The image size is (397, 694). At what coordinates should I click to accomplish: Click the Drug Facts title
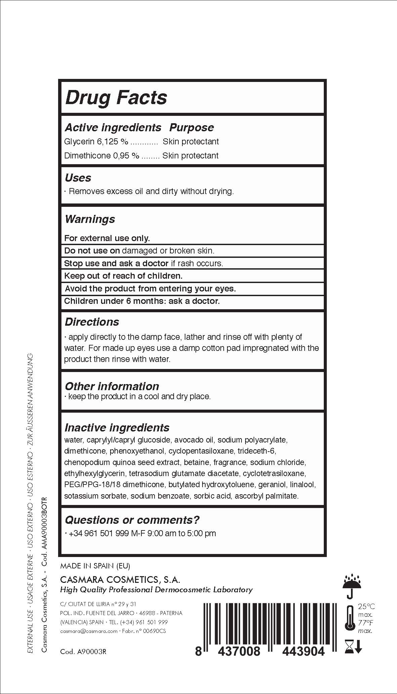[116, 98]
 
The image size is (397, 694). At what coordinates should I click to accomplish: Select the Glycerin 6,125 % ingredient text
[96, 142]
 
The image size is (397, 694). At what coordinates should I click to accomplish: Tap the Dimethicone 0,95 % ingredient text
[101, 156]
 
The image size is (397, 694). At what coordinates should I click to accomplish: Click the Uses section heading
[78, 178]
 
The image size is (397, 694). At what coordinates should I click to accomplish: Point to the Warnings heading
[90, 219]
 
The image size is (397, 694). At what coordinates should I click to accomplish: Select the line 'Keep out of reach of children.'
[123, 276]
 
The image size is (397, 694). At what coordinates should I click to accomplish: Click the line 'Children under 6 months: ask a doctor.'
[142, 301]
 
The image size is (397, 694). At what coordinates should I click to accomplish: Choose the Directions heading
[92, 322]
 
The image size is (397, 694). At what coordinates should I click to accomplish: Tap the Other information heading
[112, 386]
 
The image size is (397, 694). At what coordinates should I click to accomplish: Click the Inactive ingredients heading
[117, 428]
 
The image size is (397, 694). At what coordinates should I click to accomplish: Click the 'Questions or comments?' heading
[132, 520]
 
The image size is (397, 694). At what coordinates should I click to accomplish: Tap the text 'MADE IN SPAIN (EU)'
[95, 566]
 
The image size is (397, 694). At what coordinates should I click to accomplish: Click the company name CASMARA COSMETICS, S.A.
[120, 580]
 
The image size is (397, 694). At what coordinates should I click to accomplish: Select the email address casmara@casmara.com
[88, 631]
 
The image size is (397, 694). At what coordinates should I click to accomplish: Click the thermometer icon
[350, 618]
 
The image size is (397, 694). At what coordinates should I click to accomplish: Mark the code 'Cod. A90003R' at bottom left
[83, 652]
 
